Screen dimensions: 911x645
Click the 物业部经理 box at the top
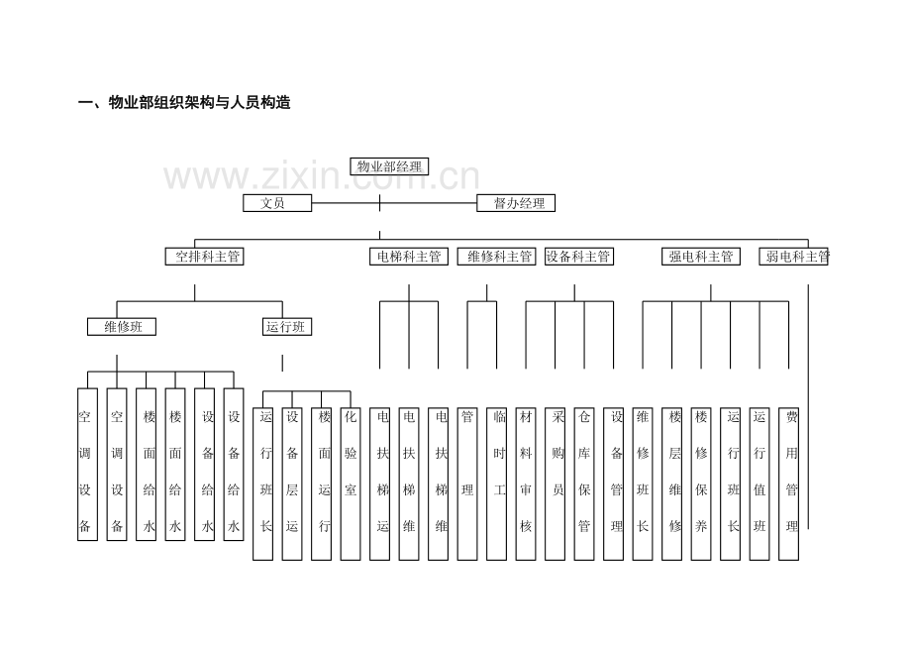389,166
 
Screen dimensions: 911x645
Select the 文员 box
277,203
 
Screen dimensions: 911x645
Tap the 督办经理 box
516,203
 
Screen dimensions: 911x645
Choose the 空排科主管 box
205,257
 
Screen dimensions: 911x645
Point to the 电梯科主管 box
409,257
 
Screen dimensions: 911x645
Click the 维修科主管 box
496,257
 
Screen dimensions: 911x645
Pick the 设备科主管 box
579,257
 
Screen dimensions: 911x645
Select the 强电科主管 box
701,257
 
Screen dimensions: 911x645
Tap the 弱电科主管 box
793,257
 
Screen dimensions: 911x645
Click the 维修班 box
122,327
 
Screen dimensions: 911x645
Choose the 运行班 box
287,327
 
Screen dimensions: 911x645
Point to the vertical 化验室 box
351,484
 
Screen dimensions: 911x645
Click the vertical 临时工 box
497,484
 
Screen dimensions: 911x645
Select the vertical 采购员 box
556,484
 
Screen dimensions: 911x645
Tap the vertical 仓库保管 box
584,484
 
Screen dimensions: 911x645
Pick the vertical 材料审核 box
526,484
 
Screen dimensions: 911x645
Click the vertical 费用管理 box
789,484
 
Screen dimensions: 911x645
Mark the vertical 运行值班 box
759,484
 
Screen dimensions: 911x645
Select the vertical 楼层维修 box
672,484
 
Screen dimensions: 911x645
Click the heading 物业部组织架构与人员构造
199,103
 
